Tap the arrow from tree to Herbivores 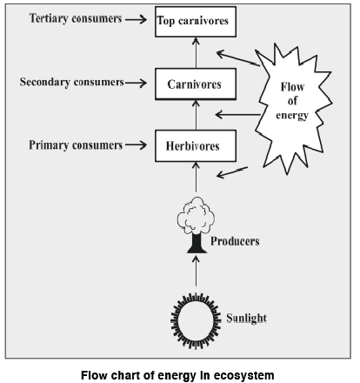[195, 178]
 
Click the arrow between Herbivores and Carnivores [195, 114]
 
